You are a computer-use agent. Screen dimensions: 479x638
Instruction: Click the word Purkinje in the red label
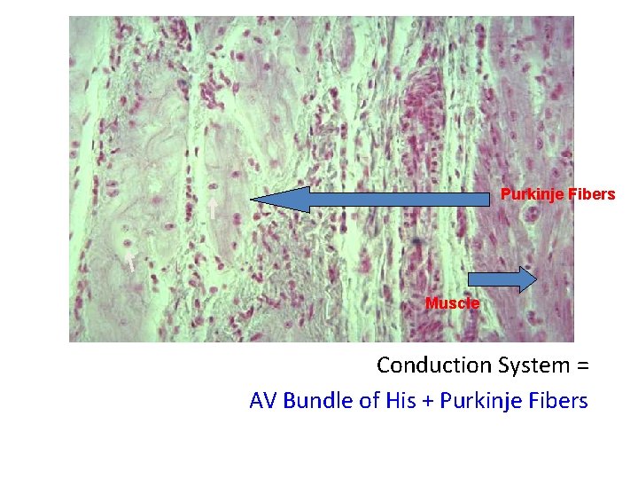530,194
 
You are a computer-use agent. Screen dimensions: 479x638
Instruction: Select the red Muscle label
452,303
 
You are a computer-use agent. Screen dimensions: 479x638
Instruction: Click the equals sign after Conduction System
581,365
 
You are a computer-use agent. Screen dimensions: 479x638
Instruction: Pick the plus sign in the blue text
428,402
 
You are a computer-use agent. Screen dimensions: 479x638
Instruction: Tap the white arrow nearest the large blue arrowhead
213,208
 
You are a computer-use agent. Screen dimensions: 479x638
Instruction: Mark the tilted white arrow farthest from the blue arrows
130,260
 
